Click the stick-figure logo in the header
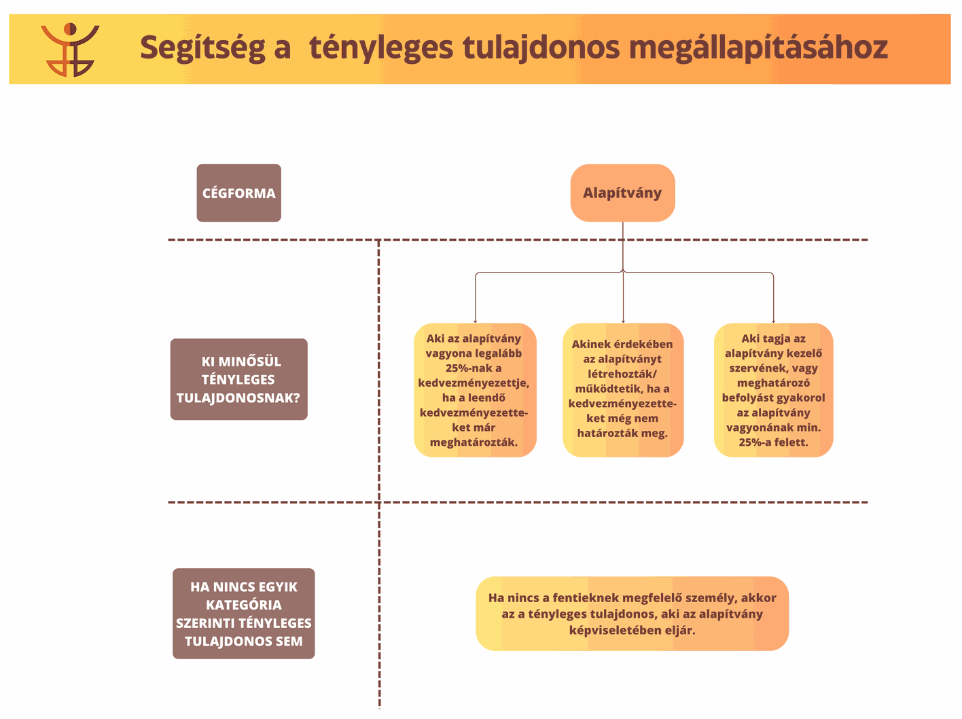tap(70, 49)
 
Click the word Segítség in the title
tap(202, 48)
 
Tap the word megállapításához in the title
tap(758, 48)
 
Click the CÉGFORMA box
tap(239, 193)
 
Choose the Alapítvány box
tap(622, 193)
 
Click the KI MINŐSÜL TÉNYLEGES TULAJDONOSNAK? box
tap(239, 379)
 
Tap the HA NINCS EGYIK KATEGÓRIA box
tap(244, 614)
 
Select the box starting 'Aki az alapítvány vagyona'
tap(475, 390)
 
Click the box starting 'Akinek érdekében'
tap(623, 390)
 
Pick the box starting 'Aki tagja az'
tap(774, 390)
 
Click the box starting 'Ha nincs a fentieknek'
tap(632, 614)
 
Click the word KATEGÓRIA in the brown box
tap(244, 605)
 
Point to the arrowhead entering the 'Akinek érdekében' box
tap(623, 321)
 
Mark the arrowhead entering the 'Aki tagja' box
tap(774, 321)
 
